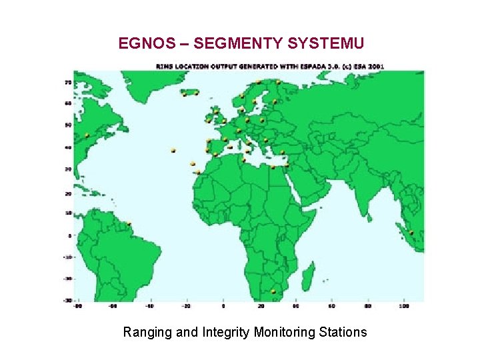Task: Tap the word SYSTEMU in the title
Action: click(x=327, y=44)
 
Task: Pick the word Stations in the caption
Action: click(x=343, y=332)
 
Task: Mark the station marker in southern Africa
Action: click(x=273, y=291)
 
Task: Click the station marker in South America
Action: click(x=129, y=224)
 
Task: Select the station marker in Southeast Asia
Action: click(x=411, y=233)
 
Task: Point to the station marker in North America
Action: click(x=87, y=135)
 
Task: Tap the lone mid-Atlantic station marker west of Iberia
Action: click(x=173, y=151)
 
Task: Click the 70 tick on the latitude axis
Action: click(x=67, y=82)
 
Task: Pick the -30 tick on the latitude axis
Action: click(x=67, y=300)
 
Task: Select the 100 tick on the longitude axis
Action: click(x=404, y=307)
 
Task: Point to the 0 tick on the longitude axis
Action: click(x=223, y=307)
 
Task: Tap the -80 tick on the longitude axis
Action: click(x=78, y=307)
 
